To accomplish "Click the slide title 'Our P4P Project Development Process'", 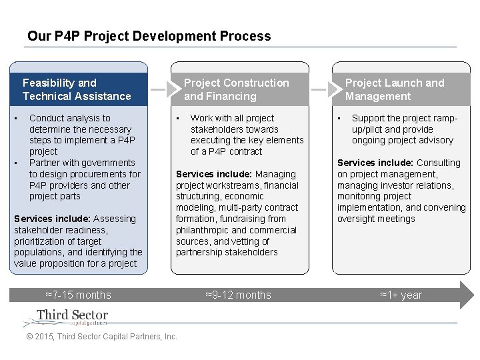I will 149,36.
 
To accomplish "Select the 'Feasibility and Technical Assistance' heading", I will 77,89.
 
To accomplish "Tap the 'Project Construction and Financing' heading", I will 237,89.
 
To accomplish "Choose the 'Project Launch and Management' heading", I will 395,89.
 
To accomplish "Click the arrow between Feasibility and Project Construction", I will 157,89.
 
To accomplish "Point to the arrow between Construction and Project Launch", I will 319,89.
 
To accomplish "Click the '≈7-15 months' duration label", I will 78,295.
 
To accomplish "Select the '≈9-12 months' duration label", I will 238,295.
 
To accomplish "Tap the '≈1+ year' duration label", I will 401,295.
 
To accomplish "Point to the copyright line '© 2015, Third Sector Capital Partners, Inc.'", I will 101,337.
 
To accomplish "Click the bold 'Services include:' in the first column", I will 52,219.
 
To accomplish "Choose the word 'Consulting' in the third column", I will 439,163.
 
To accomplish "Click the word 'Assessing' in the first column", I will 114,219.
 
